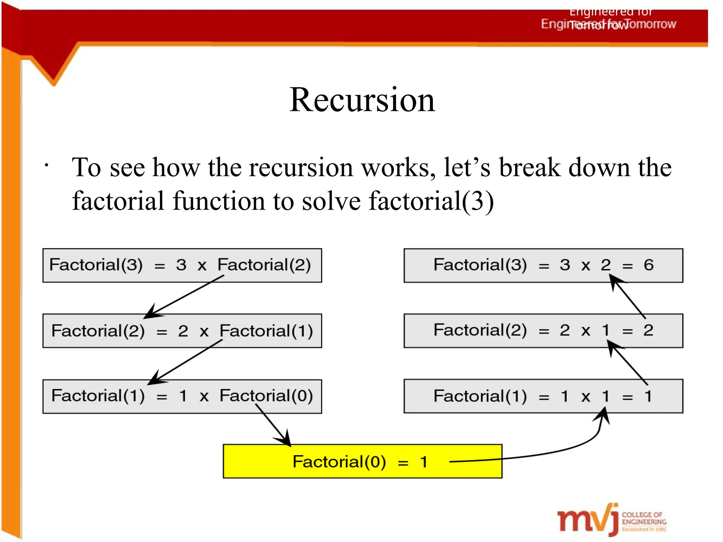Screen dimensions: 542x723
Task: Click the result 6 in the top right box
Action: (649, 265)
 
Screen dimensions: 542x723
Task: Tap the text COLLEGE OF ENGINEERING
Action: (644, 518)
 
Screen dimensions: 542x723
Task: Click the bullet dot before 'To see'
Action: (46, 165)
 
